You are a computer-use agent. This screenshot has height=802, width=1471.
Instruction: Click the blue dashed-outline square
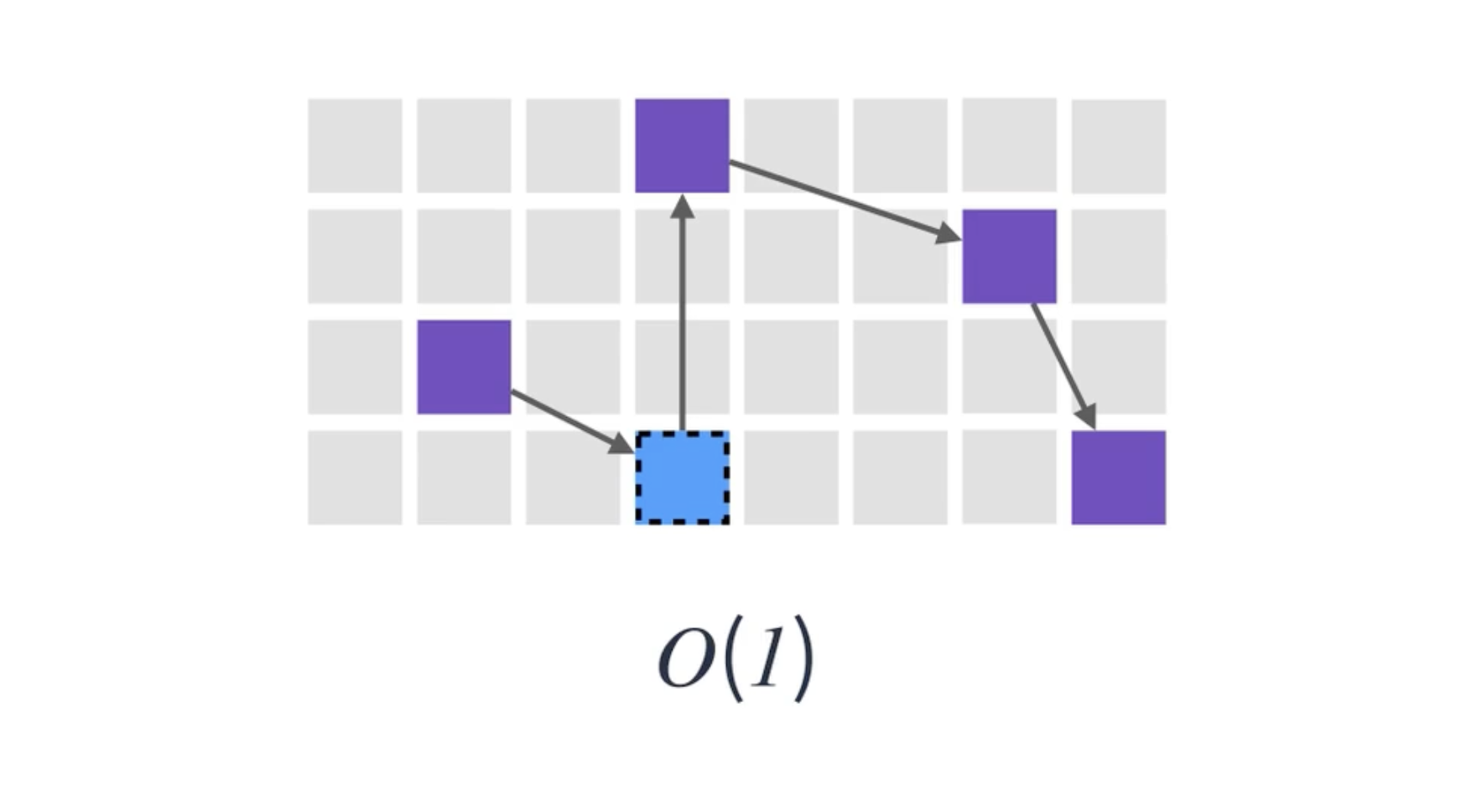682,478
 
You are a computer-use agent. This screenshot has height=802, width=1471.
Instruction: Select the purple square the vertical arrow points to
682,145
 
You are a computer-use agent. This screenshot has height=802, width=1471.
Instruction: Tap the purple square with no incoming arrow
464,367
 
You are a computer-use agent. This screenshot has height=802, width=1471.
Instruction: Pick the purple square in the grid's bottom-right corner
1118,477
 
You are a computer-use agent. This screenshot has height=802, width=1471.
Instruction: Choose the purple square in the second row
1009,256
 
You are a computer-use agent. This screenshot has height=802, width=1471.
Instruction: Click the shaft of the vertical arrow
683,327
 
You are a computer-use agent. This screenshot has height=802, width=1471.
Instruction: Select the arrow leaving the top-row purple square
839,198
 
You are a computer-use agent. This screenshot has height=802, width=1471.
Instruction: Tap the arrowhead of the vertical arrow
683,206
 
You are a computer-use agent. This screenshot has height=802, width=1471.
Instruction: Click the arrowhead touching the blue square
621,442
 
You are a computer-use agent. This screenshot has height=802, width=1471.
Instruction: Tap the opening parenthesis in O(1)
731,659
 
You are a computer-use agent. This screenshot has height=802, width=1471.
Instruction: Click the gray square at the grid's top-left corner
355,145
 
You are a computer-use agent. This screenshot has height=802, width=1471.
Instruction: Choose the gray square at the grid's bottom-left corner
355,477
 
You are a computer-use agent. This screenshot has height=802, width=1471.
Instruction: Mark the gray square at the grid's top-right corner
1118,145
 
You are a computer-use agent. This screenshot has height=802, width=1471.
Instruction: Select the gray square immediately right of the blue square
791,477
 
